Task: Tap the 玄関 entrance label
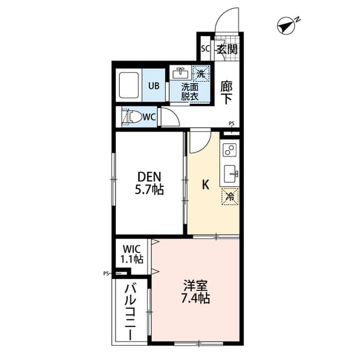[226, 48]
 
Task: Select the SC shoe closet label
[206, 48]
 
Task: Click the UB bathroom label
[154, 86]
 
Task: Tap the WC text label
[149, 117]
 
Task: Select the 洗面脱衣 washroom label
[190, 92]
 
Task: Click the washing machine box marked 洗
[201, 73]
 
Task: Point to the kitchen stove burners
[230, 150]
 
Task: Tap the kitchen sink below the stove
[231, 173]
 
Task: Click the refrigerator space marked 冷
[230, 196]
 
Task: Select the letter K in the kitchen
[206, 184]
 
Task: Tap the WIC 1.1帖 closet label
[131, 254]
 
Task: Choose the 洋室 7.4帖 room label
[195, 291]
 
